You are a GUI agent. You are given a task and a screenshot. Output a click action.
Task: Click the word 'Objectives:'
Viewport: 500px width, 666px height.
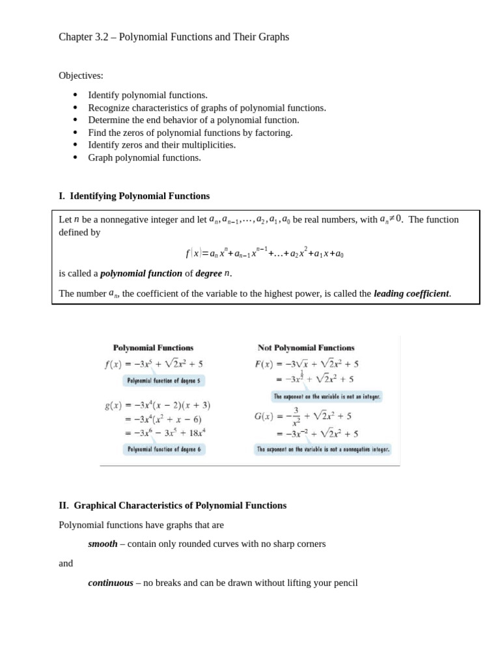pyautogui.click(x=81, y=75)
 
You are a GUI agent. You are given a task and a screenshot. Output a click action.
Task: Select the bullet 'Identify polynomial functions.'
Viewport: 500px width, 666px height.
pyautogui.click(x=148, y=95)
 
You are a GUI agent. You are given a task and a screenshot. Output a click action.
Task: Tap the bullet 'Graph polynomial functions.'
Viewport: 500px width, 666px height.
pyautogui.click(x=145, y=157)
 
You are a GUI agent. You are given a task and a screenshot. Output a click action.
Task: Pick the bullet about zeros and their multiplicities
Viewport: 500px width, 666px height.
pyautogui.click(x=161, y=145)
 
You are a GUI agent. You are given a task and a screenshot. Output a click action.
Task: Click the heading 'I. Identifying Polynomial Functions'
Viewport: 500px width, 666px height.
pyautogui.click(x=134, y=196)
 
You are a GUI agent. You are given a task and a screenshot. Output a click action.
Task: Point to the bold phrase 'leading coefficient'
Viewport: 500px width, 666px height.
pyautogui.click(x=411, y=293)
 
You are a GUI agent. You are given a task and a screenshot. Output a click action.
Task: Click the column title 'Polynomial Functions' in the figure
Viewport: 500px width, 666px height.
pyautogui.click(x=153, y=348)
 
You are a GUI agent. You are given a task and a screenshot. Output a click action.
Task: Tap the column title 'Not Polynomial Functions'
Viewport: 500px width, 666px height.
pyautogui.click(x=306, y=348)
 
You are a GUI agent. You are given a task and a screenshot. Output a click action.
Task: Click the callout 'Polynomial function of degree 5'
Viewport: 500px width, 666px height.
pyautogui.click(x=163, y=380)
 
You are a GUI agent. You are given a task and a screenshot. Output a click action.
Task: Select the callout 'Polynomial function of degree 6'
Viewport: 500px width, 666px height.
pyautogui.click(x=164, y=449)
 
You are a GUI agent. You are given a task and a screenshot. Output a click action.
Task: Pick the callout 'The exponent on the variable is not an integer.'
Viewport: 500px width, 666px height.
pyautogui.click(x=327, y=396)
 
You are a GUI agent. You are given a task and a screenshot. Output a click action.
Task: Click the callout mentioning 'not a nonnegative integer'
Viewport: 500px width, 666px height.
pyautogui.click(x=323, y=449)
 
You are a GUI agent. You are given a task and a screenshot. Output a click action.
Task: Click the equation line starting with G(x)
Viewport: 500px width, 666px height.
pyautogui.click(x=303, y=416)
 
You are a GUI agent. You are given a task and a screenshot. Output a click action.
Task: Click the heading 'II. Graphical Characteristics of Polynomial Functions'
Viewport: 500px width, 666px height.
pyautogui.click(x=173, y=505)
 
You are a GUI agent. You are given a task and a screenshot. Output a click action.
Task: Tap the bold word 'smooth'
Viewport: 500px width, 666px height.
pyautogui.click(x=103, y=544)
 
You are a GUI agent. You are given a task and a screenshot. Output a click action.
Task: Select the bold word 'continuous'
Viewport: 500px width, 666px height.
pyautogui.click(x=111, y=583)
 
